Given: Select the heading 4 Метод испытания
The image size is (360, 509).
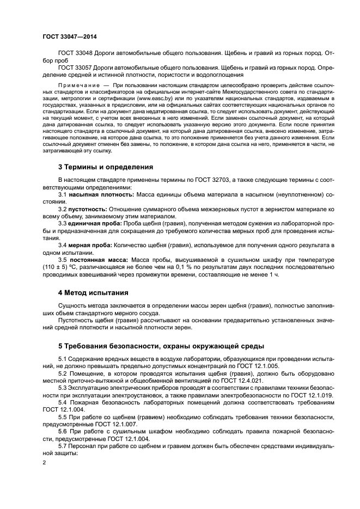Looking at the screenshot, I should (93, 292).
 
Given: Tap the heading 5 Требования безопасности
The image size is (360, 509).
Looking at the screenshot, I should (161, 346).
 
